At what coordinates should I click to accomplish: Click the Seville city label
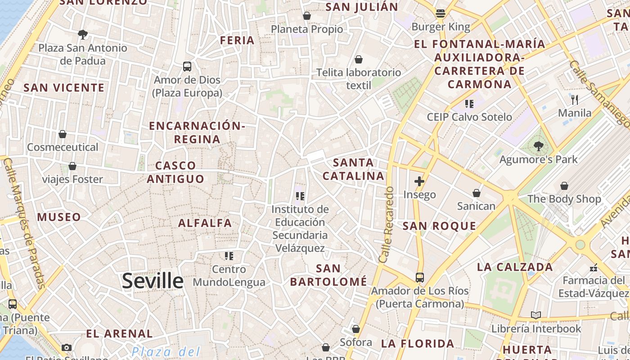(x=153, y=281)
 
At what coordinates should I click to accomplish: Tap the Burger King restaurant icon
(x=441, y=13)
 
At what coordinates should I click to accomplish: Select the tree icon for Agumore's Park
(x=538, y=146)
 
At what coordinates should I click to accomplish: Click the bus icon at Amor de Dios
(x=187, y=67)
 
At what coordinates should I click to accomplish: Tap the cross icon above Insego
(x=419, y=181)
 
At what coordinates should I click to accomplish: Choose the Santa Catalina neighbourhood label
(x=354, y=169)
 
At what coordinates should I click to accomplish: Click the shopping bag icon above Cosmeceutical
(x=63, y=134)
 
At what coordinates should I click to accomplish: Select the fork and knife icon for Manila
(x=575, y=99)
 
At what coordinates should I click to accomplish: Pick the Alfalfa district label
(x=205, y=223)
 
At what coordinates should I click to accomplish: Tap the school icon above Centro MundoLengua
(x=229, y=256)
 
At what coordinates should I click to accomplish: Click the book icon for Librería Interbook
(x=536, y=315)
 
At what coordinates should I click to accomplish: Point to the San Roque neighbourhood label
(x=439, y=226)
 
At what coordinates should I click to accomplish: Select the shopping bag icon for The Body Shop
(x=564, y=186)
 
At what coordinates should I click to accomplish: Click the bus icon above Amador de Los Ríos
(x=420, y=278)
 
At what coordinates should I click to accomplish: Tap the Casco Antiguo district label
(x=175, y=172)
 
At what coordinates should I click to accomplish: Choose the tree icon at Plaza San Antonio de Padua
(x=83, y=34)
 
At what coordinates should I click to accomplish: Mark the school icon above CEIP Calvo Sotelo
(x=469, y=104)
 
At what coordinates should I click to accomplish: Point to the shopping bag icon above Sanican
(x=477, y=193)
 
